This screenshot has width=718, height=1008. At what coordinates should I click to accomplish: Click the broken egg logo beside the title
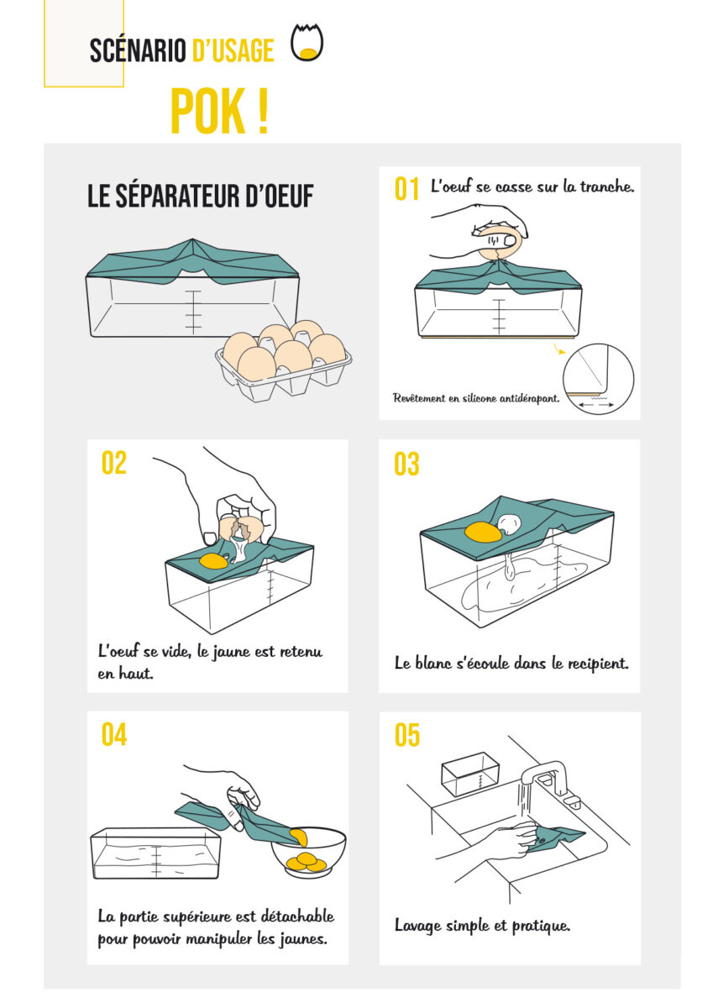(307, 42)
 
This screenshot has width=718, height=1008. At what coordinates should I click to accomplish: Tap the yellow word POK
(208, 111)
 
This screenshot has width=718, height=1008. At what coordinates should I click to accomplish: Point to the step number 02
(114, 463)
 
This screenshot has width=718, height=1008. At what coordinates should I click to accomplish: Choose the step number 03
(406, 464)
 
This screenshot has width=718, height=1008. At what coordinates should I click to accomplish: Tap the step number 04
(114, 735)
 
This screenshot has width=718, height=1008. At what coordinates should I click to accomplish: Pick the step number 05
(407, 735)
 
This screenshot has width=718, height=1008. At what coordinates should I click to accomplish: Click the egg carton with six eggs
(284, 361)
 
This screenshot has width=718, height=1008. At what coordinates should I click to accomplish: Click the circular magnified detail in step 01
(598, 379)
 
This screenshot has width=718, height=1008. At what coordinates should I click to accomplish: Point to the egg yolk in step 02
(213, 561)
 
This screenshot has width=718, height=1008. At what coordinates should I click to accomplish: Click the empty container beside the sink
(470, 774)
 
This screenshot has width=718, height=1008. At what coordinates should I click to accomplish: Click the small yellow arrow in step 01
(559, 349)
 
